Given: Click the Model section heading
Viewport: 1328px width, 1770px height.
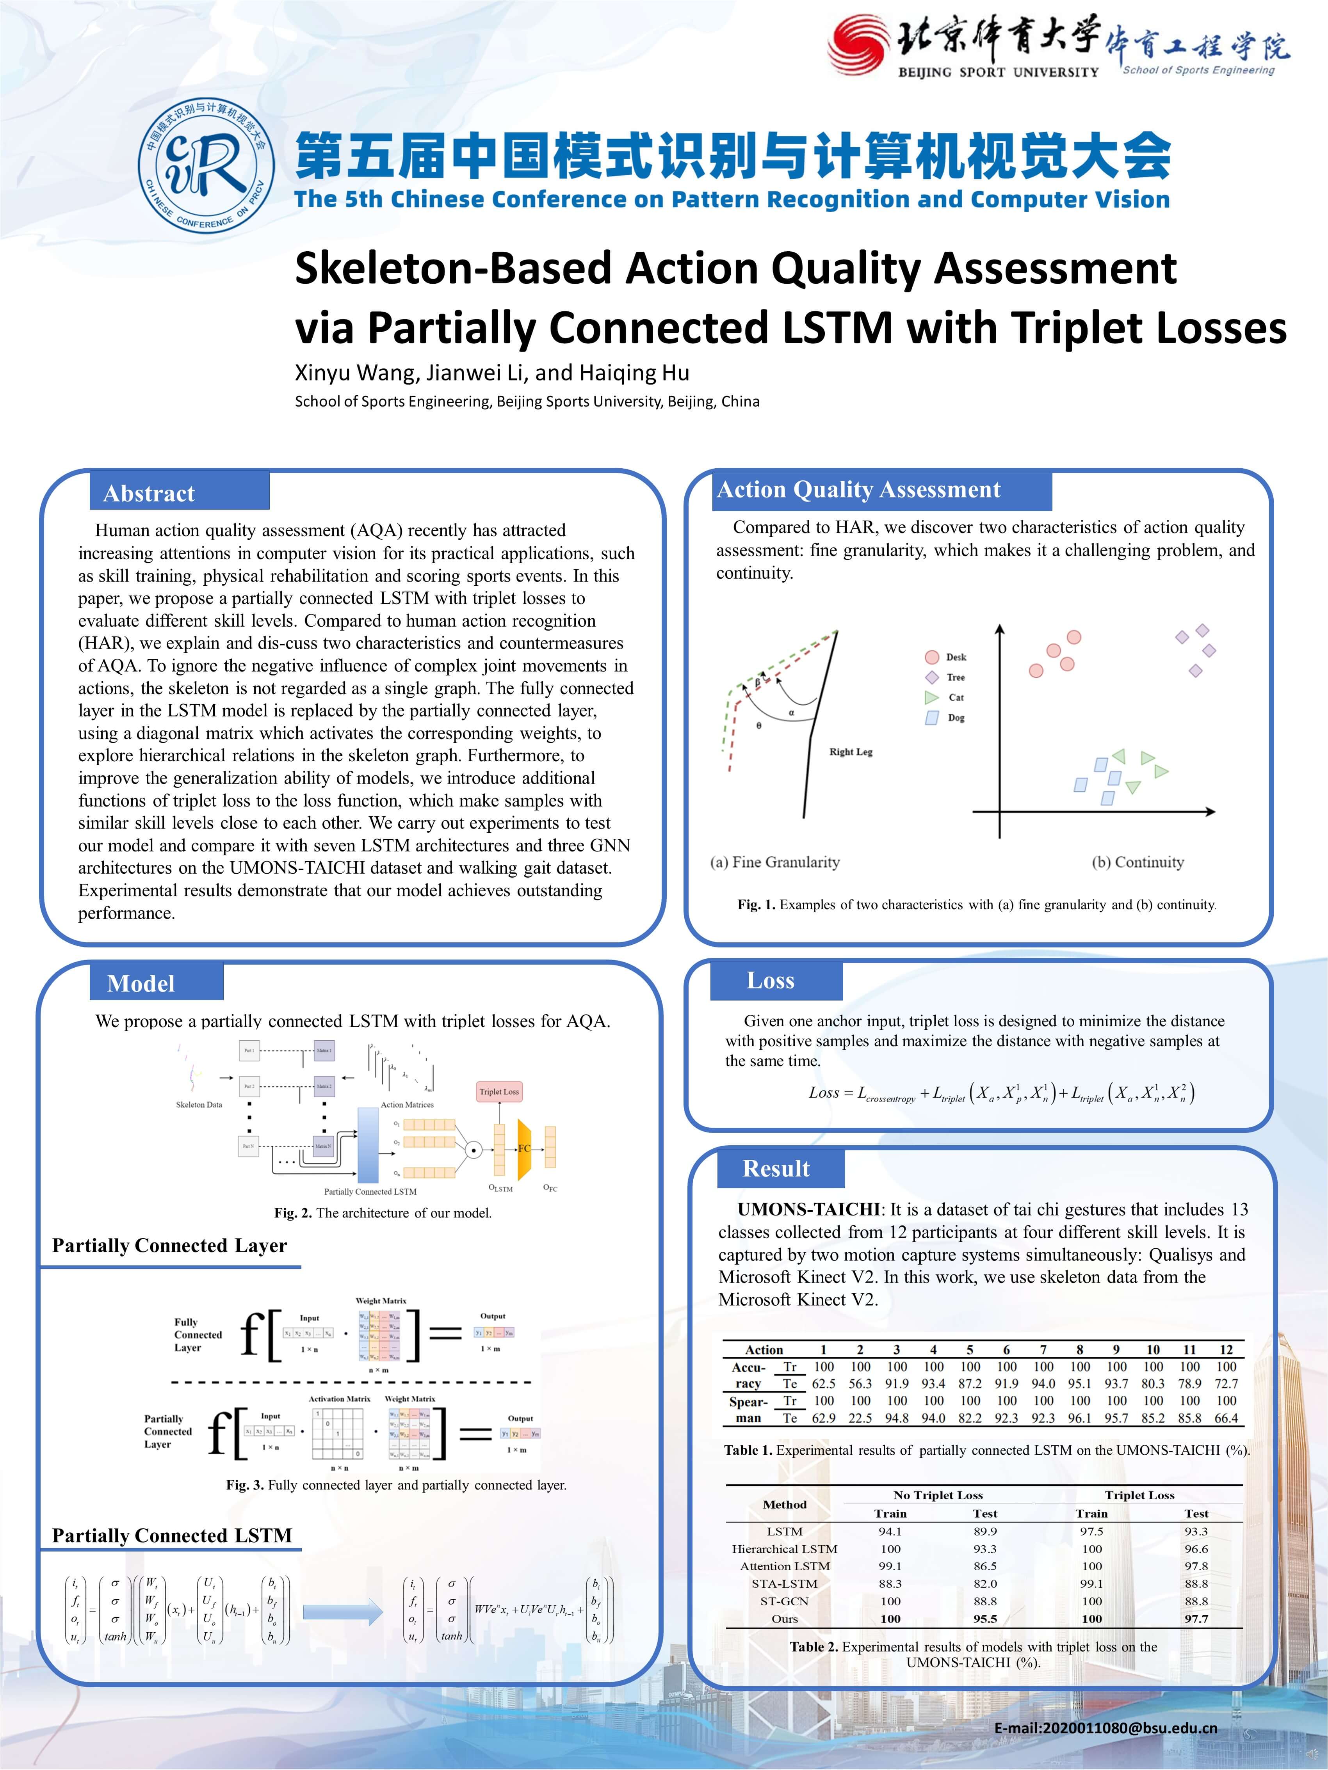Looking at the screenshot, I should (x=141, y=983).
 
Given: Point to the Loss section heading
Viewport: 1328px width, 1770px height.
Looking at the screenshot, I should (x=770, y=980).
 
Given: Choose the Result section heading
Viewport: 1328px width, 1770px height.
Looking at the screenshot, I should (x=776, y=1168).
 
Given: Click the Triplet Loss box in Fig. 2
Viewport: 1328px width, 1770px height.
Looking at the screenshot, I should (x=499, y=1091).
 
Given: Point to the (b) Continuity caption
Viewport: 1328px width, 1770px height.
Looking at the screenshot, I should (x=1138, y=862).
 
